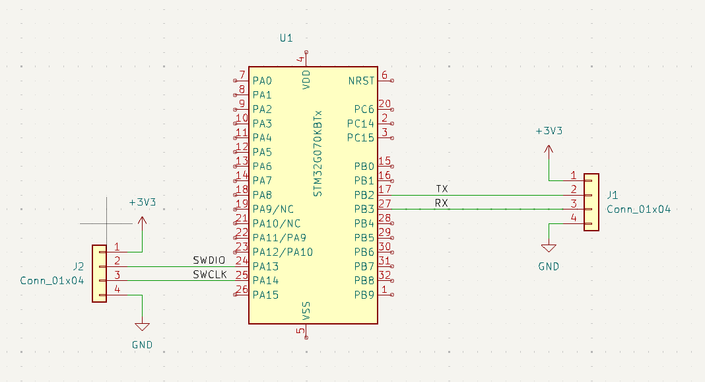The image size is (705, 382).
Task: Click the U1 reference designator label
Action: [286, 38]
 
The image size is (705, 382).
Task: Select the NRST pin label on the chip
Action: [361, 81]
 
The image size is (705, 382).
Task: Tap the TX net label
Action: [442, 189]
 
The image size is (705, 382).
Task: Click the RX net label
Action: [442, 204]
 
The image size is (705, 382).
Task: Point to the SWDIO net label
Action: [210, 260]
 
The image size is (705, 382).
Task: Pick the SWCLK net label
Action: [210, 275]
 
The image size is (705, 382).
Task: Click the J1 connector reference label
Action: [613, 195]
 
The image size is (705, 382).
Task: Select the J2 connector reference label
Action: [78, 266]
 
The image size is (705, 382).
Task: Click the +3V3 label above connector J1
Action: [549, 131]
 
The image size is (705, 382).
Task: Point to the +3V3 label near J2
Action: [142, 202]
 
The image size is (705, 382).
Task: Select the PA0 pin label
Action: [262, 81]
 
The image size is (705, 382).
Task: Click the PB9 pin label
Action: [364, 295]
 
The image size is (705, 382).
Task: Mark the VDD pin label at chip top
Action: [306, 80]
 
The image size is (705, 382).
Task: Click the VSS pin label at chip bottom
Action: [306, 311]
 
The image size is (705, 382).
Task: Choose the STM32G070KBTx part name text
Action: [318, 153]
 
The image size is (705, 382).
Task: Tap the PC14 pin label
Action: [360, 124]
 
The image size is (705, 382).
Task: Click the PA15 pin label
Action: [265, 295]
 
